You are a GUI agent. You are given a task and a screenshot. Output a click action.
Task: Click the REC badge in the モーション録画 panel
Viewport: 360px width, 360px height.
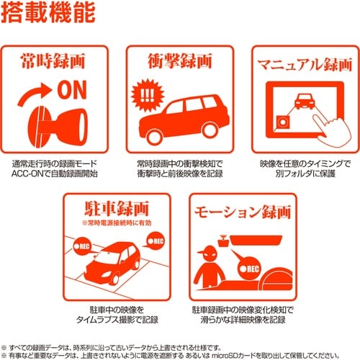pyautogui.click(x=248, y=268)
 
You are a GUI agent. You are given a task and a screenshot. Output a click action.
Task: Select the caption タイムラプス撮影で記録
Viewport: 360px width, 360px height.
pyautogui.click(x=118, y=319)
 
